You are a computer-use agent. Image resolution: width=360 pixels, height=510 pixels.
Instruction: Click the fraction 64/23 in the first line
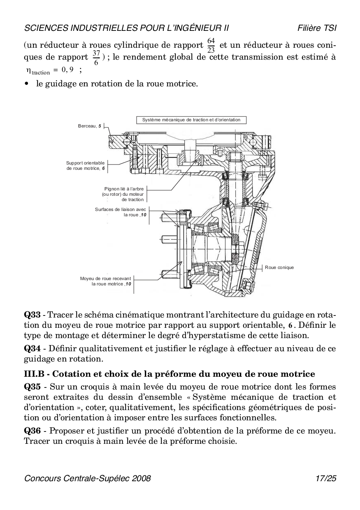coord(211,45)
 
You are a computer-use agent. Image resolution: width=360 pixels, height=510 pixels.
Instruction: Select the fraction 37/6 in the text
coord(96,57)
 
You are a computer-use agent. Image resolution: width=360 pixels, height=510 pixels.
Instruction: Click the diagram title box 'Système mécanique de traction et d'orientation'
coord(191,120)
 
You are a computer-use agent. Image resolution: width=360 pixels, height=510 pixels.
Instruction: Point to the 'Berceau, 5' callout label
coord(89,126)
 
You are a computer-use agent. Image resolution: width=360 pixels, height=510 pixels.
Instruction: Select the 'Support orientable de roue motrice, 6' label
coord(86,165)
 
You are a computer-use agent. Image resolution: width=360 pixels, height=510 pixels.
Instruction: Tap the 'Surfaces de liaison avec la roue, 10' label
coord(120,212)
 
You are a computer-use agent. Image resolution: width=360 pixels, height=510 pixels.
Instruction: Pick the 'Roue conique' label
coord(279,267)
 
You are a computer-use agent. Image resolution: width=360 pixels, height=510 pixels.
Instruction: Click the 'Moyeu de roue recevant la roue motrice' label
coord(106,281)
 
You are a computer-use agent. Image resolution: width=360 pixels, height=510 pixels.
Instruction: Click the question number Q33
coord(33,315)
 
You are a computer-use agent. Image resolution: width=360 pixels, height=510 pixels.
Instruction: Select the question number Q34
coord(33,349)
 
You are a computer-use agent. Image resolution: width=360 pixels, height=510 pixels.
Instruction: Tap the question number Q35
coord(33,387)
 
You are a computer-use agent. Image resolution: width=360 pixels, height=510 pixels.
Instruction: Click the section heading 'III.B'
coord(35,374)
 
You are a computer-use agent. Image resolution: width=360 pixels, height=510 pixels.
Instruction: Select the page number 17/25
coord(326,478)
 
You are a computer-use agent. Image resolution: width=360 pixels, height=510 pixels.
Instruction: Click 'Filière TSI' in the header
coord(317,28)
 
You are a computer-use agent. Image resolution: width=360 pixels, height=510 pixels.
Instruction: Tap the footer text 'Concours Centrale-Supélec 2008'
coord(88,478)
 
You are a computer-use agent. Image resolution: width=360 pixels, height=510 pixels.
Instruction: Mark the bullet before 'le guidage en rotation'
coord(27,84)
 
